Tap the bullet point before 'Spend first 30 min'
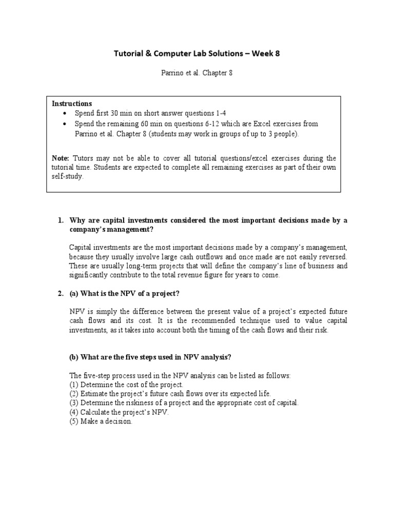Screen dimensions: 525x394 coord(64,114)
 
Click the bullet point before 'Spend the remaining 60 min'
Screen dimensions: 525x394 coord(64,124)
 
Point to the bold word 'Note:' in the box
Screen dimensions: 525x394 coord(62,158)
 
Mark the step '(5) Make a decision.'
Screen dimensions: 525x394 coord(101,421)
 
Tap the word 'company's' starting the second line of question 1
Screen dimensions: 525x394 coord(88,230)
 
